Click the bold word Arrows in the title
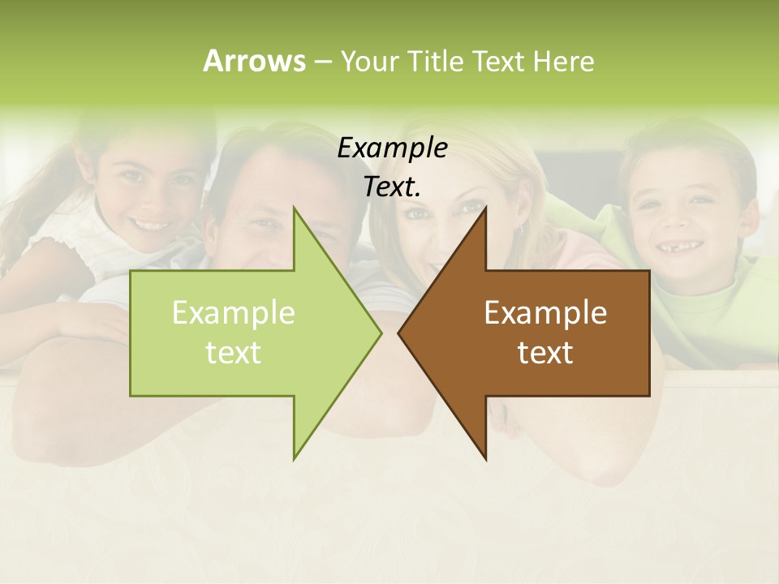[253, 61]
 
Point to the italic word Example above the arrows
[392, 148]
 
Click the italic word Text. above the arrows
[392, 187]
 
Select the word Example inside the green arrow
[234, 312]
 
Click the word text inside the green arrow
[234, 352]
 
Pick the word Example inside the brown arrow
[545, 312]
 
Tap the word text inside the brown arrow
[545, 352]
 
